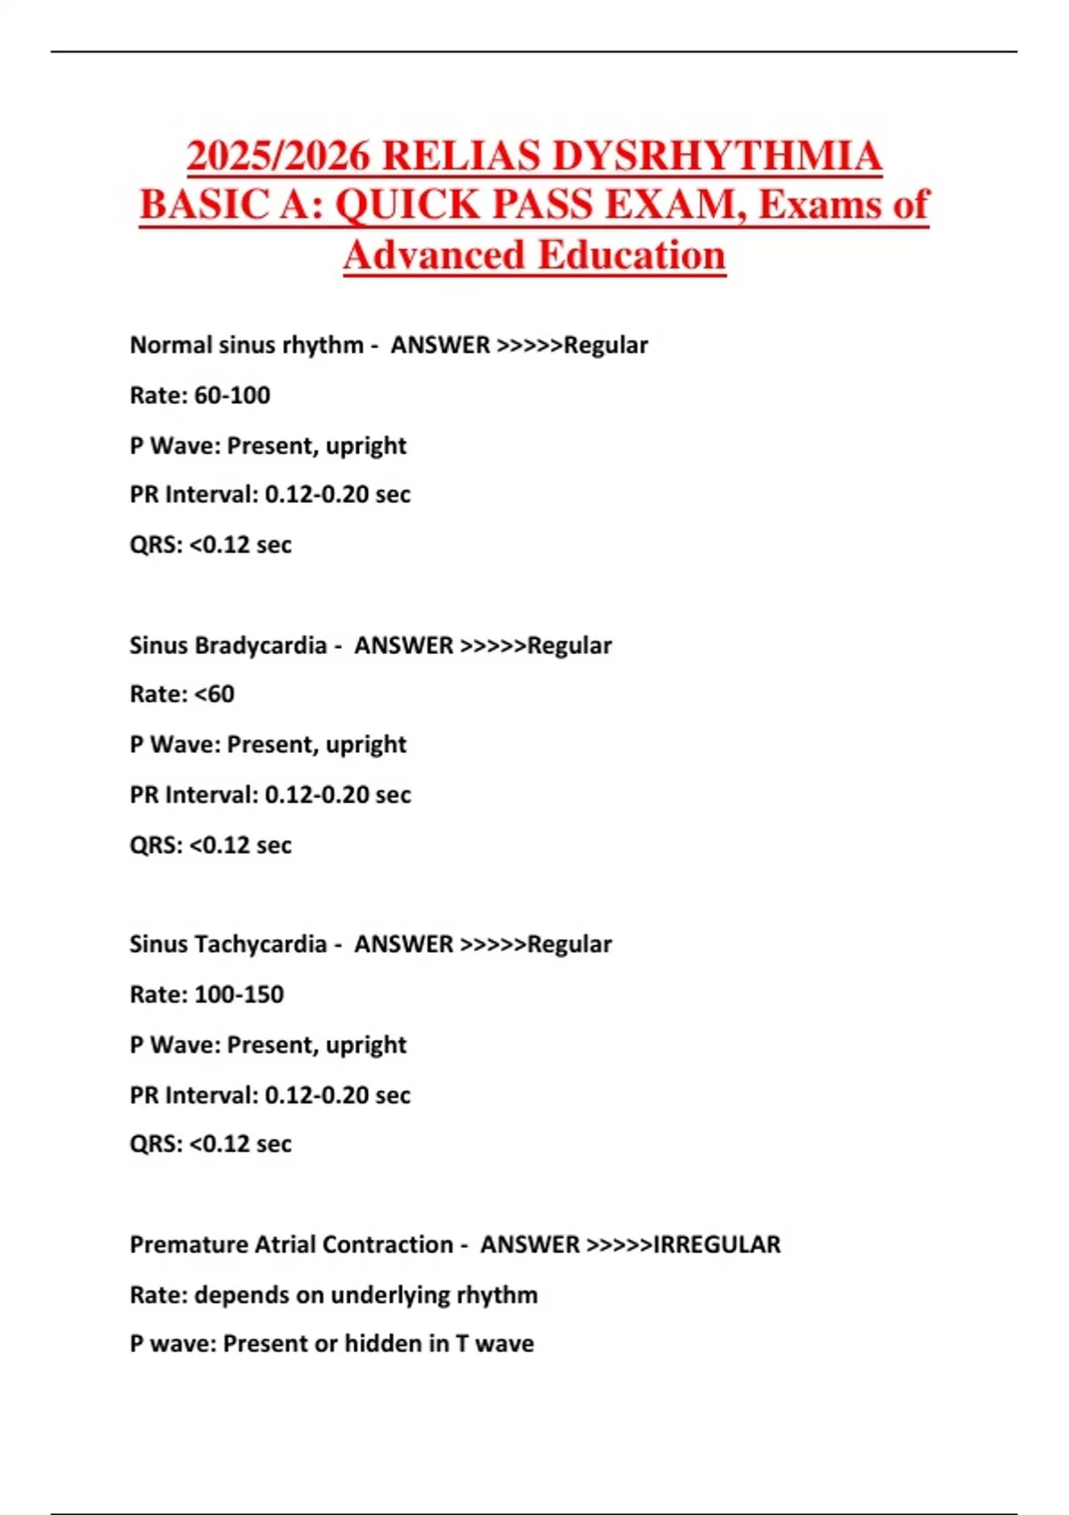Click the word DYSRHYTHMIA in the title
[716, 156]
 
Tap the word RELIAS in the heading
[461, 156]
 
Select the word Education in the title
[632, 255]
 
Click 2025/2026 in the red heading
[278, 156]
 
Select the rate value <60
[214, 694]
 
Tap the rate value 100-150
[239, 995]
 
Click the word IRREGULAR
[717, 1244]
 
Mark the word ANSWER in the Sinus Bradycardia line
[404, 645]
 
